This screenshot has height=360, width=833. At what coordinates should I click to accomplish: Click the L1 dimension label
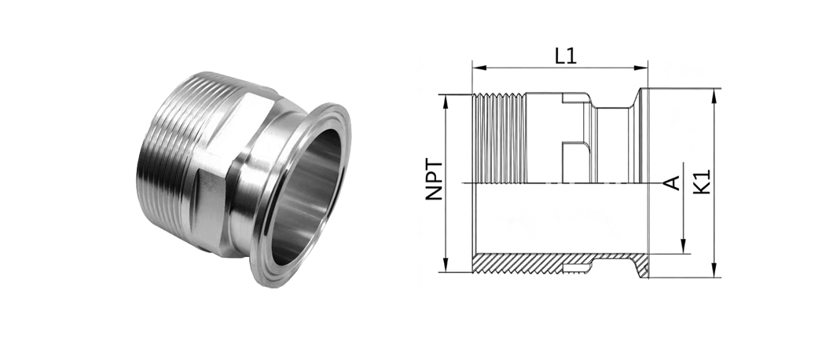coord(565,56)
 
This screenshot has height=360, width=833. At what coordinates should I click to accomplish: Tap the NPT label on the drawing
coord(434,179)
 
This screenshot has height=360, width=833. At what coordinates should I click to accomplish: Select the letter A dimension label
coord(673,183)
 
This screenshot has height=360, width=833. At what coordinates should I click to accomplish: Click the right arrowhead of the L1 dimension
coord(641,68)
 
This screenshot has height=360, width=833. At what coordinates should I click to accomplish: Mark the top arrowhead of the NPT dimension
coord(446,101)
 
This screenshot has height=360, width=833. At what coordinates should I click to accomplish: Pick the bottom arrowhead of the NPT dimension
coord(446,265)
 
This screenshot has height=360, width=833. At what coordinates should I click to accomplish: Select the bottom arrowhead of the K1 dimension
coord(714,270)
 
